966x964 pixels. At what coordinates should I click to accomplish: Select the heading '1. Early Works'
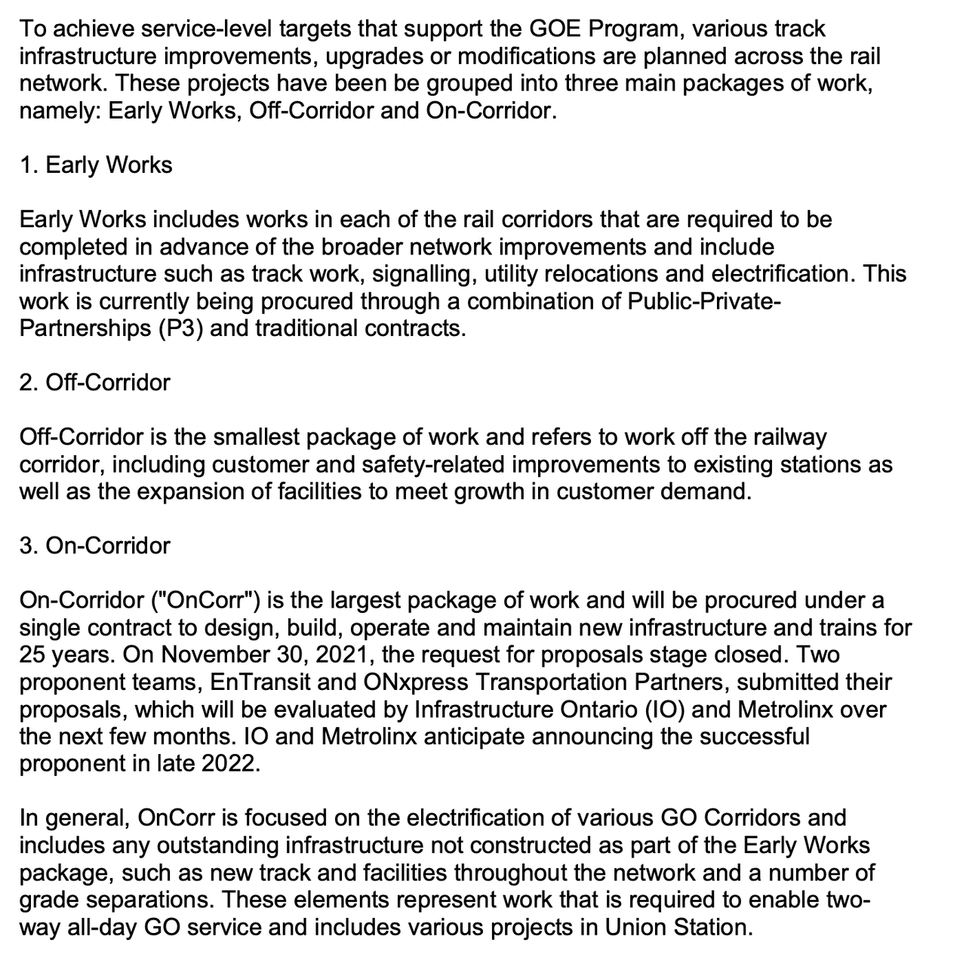tap(96, 165)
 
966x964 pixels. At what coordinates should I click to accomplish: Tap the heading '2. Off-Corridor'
tap(95, 382)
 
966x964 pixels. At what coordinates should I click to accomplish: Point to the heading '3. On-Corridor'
tap(95, 545)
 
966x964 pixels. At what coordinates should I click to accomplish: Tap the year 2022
tap(229, 763)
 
